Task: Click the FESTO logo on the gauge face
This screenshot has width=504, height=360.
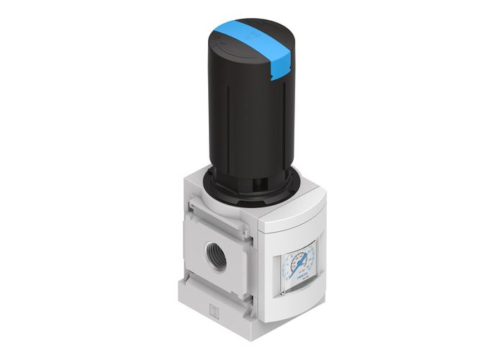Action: pos(304,275)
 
